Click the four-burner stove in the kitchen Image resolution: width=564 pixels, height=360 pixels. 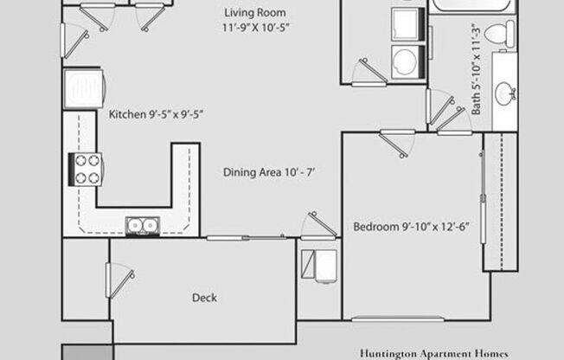point(87,169)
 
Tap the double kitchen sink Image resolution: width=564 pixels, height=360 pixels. point(141,226)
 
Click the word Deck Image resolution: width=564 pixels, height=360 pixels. point(204,298)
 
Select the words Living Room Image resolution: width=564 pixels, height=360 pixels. point(254,12)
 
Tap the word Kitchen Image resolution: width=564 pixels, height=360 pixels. point(126,114)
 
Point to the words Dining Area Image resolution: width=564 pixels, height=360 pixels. point(251,172)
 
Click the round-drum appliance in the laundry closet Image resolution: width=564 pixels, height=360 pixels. point(404,60)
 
